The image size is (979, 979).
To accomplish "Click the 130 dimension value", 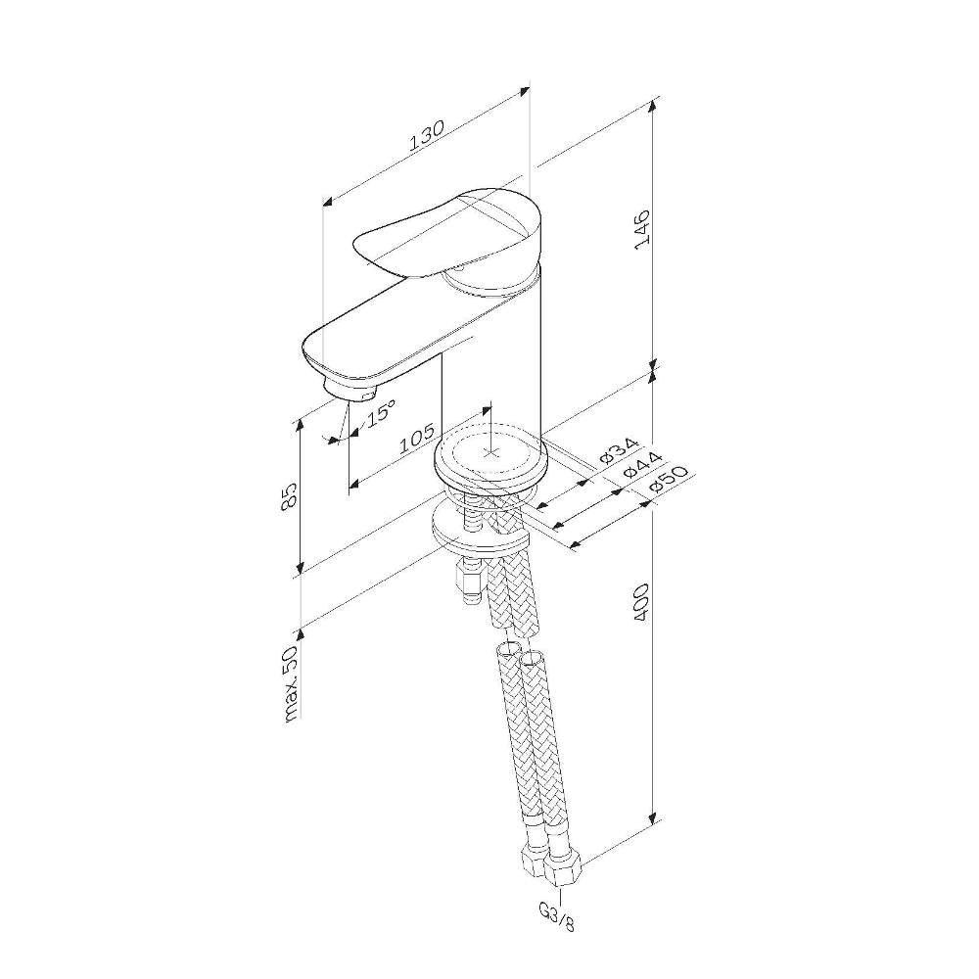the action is (427, 135).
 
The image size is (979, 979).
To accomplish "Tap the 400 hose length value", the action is (642, 602).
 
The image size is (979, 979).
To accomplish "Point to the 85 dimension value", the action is (289, 497).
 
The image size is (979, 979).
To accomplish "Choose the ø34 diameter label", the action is (620, 450).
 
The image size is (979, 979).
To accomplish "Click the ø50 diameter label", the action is (665, 480).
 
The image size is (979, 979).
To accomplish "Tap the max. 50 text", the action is (293, 683).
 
